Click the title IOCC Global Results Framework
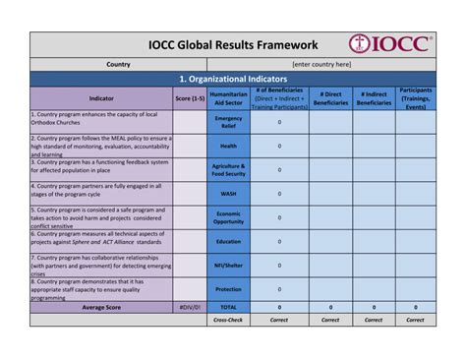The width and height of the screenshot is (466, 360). (x=232, y=45)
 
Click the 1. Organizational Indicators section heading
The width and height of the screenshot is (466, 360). (x=233, y=80)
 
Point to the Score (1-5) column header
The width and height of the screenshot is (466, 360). (x=190, y=98)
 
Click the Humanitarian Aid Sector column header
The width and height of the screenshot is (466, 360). (x=228, y=98)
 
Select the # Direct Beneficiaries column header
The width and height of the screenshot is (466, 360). (x=330, y=98)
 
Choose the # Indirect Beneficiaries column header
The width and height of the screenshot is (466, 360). (x=374, y=98)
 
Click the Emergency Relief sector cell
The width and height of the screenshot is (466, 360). (x=228, y=121)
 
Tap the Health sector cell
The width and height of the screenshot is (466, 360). (x=228, y=145)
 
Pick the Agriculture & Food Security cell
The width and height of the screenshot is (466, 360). (x=228, y=169)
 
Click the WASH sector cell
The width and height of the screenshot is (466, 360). (x=228, y=193)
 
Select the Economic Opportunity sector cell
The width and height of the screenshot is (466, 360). (x=228, y=216)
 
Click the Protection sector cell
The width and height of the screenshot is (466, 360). (x=228, y=288)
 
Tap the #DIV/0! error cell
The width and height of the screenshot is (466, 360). (x=190, y=307)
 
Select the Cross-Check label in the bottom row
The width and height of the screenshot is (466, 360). (x=228, y=320)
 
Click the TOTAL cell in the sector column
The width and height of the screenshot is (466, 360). (x=228, y=307)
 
